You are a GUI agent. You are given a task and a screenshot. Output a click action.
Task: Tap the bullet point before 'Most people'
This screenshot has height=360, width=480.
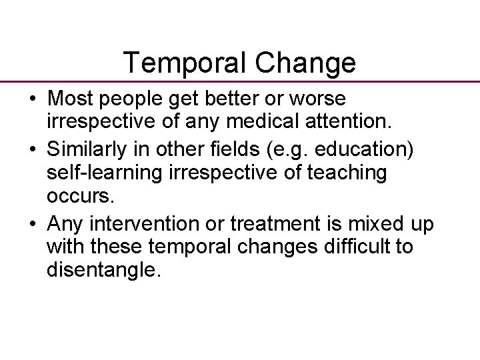[32, 99]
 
